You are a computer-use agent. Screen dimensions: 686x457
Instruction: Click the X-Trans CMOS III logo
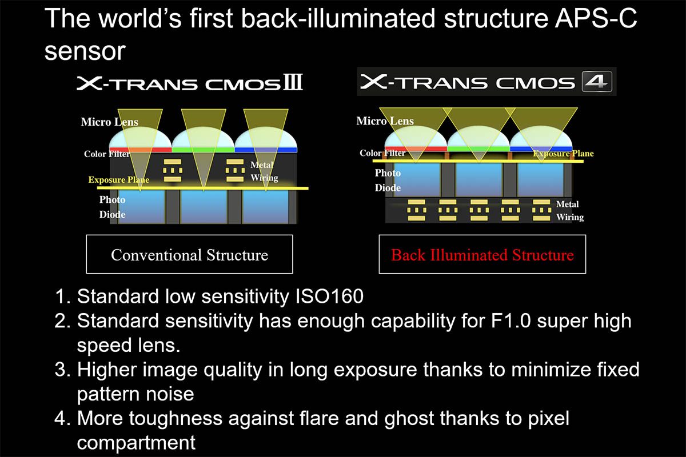(x=190, y=82)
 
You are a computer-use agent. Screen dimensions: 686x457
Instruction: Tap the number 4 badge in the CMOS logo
(x=597, y=82)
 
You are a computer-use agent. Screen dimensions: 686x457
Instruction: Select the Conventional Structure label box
(x=190, y=254)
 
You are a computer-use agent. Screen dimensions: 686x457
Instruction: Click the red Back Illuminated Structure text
(x=482, y=255)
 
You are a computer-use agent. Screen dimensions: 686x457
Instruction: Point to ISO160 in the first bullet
(x=329, y=296)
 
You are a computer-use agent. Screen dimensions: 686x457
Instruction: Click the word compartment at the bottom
(x=136, y=443)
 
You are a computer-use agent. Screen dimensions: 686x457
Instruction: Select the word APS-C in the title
(x=596, y=18)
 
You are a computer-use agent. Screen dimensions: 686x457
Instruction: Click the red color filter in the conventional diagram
(x=141, y=150)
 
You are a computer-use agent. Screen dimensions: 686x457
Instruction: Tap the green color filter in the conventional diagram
(x=204, y=150)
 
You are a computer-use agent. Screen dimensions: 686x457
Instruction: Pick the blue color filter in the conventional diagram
(x=266, y=150)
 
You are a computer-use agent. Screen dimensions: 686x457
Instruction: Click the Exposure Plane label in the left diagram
(x=119, y=180)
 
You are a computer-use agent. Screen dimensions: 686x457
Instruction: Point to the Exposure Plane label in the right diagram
(x=563, y=153)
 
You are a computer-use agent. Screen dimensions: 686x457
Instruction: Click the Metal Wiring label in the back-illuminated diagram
(x=569, y=211)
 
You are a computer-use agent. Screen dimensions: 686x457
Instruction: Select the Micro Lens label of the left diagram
(x=109, y=122)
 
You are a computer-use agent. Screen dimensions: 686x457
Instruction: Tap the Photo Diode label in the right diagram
(x=388, y=181)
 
